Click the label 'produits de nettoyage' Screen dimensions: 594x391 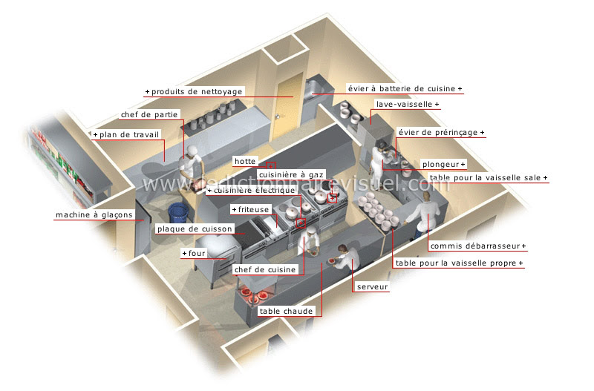197,91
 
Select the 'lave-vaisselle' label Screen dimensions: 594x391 404,104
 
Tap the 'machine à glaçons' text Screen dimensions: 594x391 94,214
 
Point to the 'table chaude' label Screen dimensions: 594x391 286,311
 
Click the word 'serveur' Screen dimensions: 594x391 373,287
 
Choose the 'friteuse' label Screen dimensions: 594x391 253,209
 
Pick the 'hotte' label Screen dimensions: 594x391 245,161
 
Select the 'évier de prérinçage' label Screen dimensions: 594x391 438,133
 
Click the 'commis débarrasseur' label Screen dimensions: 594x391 475,246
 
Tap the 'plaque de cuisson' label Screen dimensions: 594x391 195,229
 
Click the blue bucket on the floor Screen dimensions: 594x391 177,213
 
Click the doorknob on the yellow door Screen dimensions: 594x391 278,116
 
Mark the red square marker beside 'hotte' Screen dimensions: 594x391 270,166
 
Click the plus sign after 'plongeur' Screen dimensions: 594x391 463,164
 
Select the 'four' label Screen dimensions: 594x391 197,253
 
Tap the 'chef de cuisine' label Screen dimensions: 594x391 265,269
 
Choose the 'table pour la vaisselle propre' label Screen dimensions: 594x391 456,263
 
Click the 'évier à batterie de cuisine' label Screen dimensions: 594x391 402,88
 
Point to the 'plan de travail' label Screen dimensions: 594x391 129,134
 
